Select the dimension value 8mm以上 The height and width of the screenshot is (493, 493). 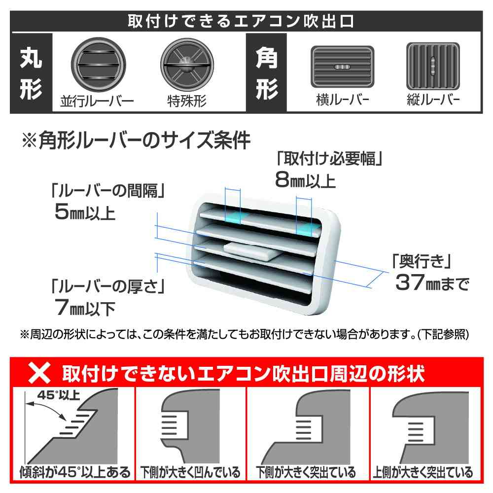[x=306, y=180]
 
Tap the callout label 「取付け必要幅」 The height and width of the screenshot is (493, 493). [x=330, y=159]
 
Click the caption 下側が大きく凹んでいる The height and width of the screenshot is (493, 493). [x=190, y=472]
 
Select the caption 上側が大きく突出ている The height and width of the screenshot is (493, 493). [x=423, y=472]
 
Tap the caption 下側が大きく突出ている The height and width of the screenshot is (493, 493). [x=307, y=472]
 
